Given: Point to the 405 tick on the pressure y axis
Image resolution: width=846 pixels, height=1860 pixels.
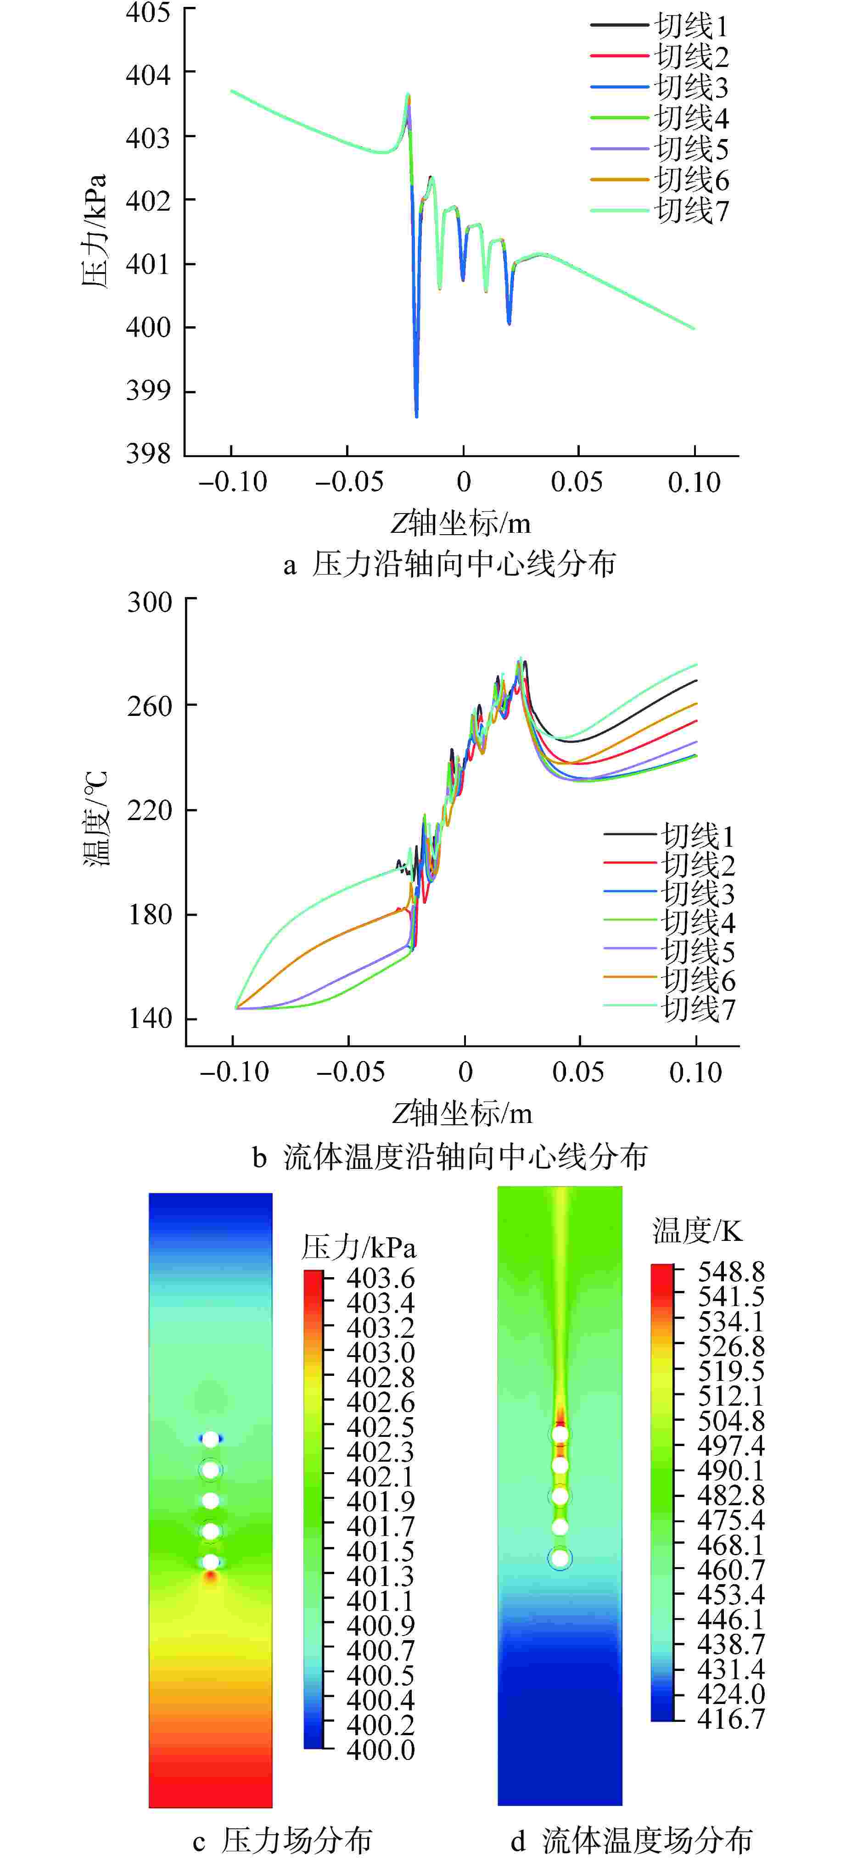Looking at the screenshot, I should tap(148, 12).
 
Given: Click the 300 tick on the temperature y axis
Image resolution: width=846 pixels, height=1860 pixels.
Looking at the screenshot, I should tap(150, 602).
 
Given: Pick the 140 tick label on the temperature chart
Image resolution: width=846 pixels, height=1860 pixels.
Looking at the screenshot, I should tap(150, 1019).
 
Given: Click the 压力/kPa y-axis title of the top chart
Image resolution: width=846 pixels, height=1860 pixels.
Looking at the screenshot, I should tap(95, 231).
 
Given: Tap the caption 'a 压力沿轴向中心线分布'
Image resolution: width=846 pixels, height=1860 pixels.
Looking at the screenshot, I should tap(449, 564).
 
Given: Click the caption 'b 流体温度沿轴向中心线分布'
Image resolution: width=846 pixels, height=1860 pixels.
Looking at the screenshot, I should tap(449, 1156).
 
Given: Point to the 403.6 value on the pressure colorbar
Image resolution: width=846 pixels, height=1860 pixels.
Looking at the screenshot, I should tap(380, 1278).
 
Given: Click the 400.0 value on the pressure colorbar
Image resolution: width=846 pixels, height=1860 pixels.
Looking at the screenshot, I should tap(380, 1749).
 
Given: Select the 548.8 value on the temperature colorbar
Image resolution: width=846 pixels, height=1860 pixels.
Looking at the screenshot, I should tap(730, 1272).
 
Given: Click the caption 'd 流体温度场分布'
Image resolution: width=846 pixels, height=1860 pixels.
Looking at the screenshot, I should tap(632, 1841).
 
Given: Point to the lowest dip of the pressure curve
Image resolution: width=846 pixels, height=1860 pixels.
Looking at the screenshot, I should tap(417, 416).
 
